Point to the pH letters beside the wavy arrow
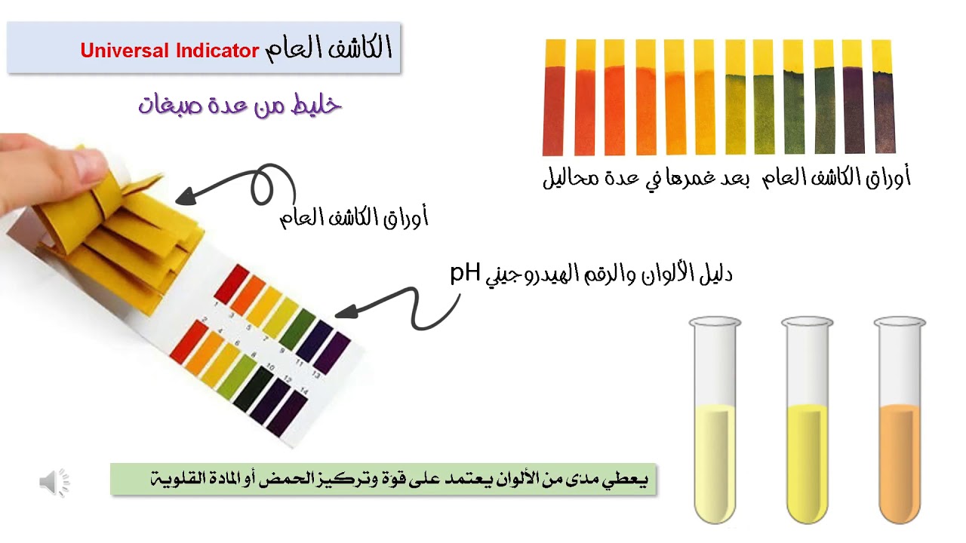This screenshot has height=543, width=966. click(x=465, y=272)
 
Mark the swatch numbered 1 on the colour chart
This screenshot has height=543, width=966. click(x=231, y=282)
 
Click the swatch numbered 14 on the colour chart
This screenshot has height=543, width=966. click(x=288, y=415)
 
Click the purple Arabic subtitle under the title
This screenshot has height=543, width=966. click(x=240, y=104)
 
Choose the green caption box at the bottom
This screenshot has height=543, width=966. click(x=383, y=479)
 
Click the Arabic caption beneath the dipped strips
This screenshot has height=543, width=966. click(x=726, y=179)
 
